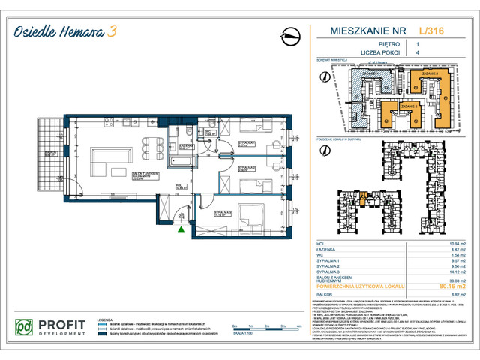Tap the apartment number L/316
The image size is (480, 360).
pyautogui.click(x=433, y=32)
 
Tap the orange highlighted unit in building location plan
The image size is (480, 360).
pyautogui.click(x=362, y=199)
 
